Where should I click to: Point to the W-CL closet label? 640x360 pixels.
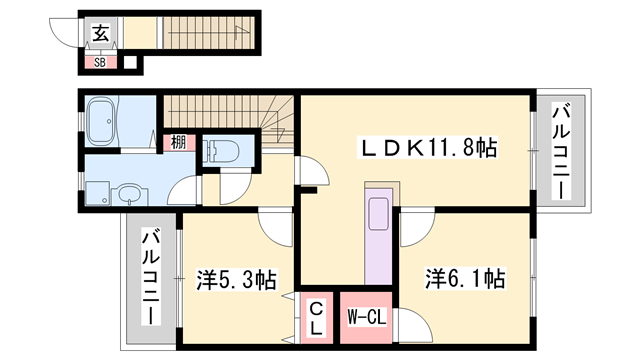click(x=367, y=317)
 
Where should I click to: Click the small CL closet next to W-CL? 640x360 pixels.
click(x=315, y=317)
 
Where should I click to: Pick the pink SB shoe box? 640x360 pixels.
click(x=100, y=62)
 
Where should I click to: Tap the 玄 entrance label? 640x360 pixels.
click(x=101, y=34)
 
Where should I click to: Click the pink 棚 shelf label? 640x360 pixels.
click(x=176, y=142)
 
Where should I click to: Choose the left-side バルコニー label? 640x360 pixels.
click(x=150, y=277)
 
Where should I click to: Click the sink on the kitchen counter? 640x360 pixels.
click(x=380, y=214)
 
